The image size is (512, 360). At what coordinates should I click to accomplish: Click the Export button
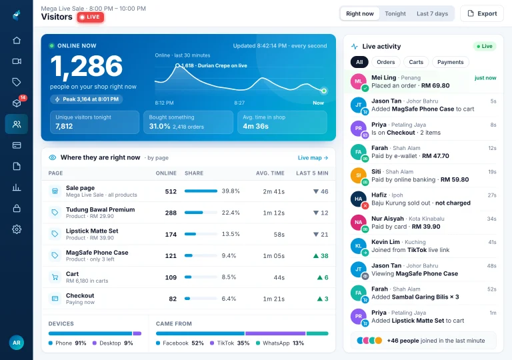point(481,14)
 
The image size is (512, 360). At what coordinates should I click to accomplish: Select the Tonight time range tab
point(395,14)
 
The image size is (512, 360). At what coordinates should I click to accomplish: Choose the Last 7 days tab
point(432,14)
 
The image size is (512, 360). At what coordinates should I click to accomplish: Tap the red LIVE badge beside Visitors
point(91,17)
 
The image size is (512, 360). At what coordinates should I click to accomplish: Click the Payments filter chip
point(450,62)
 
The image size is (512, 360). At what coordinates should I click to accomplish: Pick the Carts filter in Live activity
point(416,62)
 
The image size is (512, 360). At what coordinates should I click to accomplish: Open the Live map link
point(313,158)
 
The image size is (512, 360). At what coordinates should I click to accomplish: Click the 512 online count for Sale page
point(171,191)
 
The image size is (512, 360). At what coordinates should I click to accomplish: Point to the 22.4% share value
point(231,213)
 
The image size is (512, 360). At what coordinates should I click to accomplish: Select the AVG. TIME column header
point(270,173)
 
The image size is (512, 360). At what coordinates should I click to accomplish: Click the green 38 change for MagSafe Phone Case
point(321,256)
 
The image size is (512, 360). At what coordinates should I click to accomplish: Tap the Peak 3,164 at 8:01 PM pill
point(87,99)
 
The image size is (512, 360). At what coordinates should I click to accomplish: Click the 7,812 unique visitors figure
point(64,127)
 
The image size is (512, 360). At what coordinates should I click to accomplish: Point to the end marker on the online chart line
point(323,91)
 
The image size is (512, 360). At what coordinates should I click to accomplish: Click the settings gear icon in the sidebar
point(17,229)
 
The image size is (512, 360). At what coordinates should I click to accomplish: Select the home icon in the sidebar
point(17,40)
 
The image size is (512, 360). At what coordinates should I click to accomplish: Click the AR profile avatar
point(16,343)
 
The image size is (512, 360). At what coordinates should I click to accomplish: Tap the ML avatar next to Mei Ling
point(358,81)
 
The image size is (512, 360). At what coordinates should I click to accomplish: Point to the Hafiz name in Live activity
point(379,195)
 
